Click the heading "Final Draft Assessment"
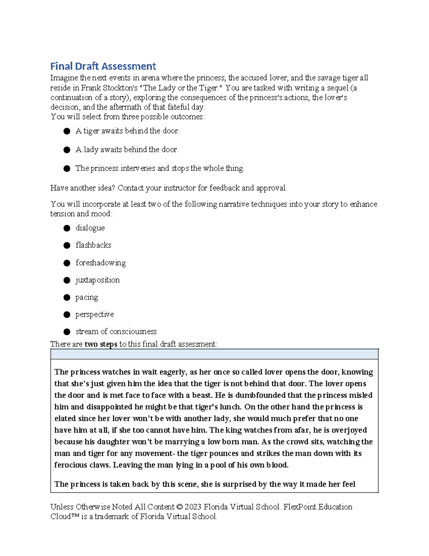tap(103, 66)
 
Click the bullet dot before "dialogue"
tap(67, 228)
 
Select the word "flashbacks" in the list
tap(93, 245)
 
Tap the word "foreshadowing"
tap(100, 263)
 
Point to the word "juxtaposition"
tap(97, 280)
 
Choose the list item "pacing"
tap(87, 297)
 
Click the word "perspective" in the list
tap(94, 314)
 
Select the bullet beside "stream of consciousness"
tap(67, 332)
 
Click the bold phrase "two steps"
tap(101, 344)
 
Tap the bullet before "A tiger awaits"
tap(67, 131)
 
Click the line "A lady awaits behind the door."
tap(127, 150)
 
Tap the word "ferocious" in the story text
tap(70, 465)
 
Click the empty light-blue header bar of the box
tap(214, 354)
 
